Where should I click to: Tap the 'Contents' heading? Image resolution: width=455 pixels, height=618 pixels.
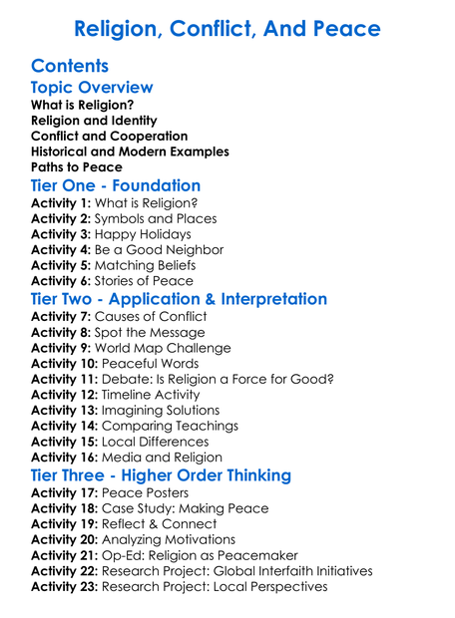[x=70, y=67]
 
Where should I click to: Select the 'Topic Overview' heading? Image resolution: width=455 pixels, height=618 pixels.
[x=92, y=88]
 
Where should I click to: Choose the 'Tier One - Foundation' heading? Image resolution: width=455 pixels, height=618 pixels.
[x=116, y=186]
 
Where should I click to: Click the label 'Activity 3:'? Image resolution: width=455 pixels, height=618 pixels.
[x=62, y=234]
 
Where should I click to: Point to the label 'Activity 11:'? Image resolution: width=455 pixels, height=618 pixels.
[x=66, y=380]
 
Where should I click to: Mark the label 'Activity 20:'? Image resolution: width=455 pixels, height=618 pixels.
[x=66, y=540]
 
